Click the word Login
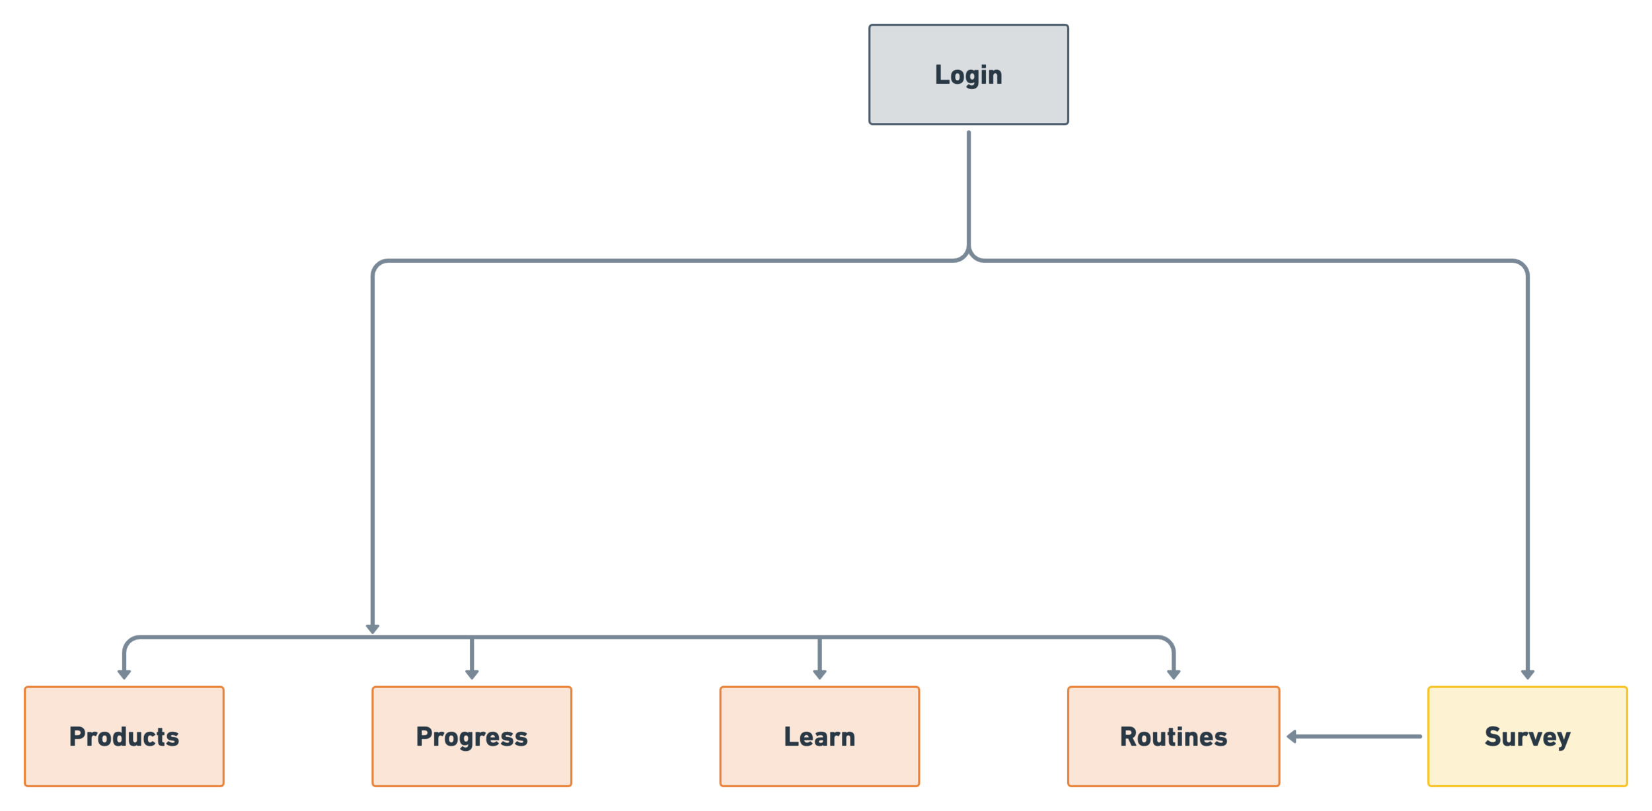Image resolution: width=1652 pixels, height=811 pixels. coord(968,75)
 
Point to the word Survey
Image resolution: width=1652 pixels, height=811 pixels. coord(1527,736)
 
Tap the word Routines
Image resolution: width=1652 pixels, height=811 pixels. coord(1173,736)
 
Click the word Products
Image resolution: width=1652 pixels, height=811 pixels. coord(124,736)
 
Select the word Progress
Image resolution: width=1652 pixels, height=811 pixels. coord(472,736)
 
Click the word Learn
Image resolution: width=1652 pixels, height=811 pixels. coord(819,736)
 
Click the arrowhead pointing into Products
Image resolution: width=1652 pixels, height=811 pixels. coord(124,674)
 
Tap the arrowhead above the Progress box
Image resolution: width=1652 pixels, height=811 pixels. coord(472,674)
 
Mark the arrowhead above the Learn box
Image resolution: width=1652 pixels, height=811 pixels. coord(819,674)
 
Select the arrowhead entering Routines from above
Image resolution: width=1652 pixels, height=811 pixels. coord(1173,674)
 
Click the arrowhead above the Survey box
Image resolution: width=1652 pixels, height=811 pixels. coord(1527,674)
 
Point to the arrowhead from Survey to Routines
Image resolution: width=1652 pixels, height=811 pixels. coord(1293,736)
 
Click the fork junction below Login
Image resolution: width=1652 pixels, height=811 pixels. coord(968,254)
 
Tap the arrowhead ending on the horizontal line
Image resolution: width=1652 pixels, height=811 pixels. coord(373,628)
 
